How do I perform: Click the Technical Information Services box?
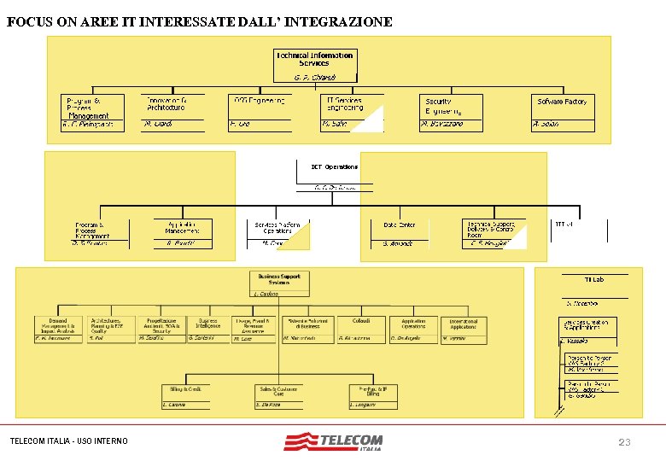[x=314, y=59]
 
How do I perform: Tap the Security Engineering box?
[x=451, y=107]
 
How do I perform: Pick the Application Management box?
[x=183, y=229]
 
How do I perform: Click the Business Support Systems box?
[x=279, y=281]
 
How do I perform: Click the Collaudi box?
[x=354, y=325]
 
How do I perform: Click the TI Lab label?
[x=593, y=280]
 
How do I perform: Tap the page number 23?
[x=625, y=441]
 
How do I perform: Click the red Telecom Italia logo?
[x=334, y=442]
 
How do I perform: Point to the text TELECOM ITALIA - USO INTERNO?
[x=68, y=441]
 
